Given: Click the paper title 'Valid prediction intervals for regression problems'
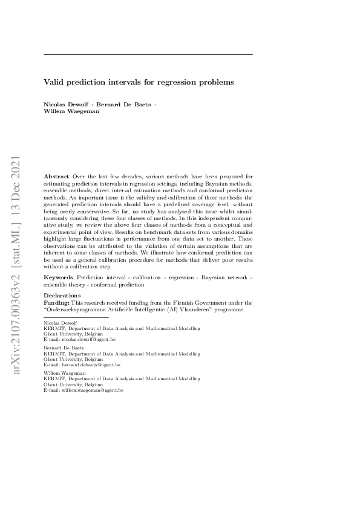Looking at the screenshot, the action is click(x=139, y=80).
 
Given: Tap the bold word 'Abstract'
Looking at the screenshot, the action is click(x=56, y=176).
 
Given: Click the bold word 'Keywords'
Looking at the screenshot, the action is click(x=59, y=277).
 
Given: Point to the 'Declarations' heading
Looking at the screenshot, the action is click(x=62, y=295).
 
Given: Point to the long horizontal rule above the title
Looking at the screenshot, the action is click(x=148, y=54).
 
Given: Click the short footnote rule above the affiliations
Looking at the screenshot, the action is click(x=76, y=317).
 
